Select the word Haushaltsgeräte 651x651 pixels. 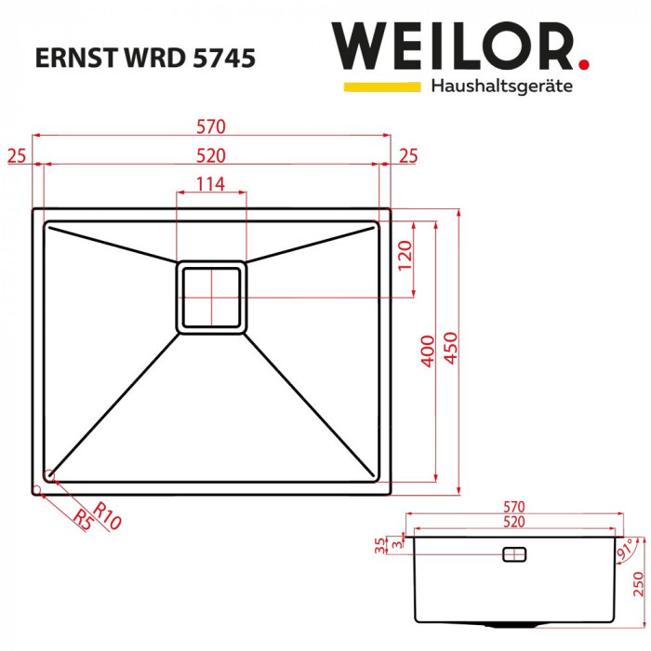click(x=501, y=86)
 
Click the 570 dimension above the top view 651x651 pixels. click(x=211, y=126)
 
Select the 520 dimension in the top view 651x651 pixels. click(x=211, y=154)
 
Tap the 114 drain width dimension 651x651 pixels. click(x=211, y=184)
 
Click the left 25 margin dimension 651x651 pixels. click(x=16, y=155)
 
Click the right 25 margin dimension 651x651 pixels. click(x=408, y=155)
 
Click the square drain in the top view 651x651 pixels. click(x=212, y=296)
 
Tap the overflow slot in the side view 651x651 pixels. click(x=513, y=554)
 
